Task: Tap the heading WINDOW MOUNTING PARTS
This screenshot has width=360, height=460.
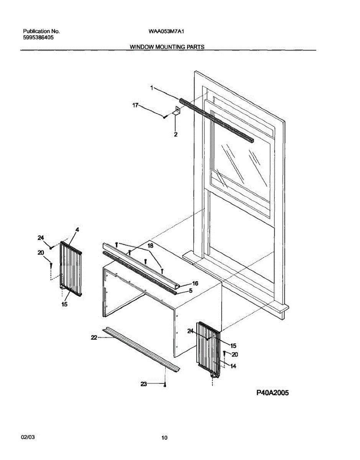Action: (x=167, y=47)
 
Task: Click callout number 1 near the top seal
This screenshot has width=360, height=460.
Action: (x=151, y=88)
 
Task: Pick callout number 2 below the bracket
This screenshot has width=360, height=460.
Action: (x=175, y=135)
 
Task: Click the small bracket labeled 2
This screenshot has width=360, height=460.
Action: (x=176, y=112)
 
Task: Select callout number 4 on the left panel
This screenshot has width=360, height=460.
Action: (x=77, y=230)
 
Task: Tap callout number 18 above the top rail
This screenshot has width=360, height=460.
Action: (x=150, y=245)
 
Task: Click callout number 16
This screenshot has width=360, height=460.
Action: (x=195, y=283)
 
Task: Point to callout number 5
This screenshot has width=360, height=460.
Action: (x=190, y=291)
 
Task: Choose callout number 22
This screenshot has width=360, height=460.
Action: (x=94, y=337)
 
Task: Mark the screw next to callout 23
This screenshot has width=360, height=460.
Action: (x=165, y=384)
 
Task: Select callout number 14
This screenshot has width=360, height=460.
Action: (x=233, y=366)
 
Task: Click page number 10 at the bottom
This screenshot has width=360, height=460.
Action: (x=164, y=438)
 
